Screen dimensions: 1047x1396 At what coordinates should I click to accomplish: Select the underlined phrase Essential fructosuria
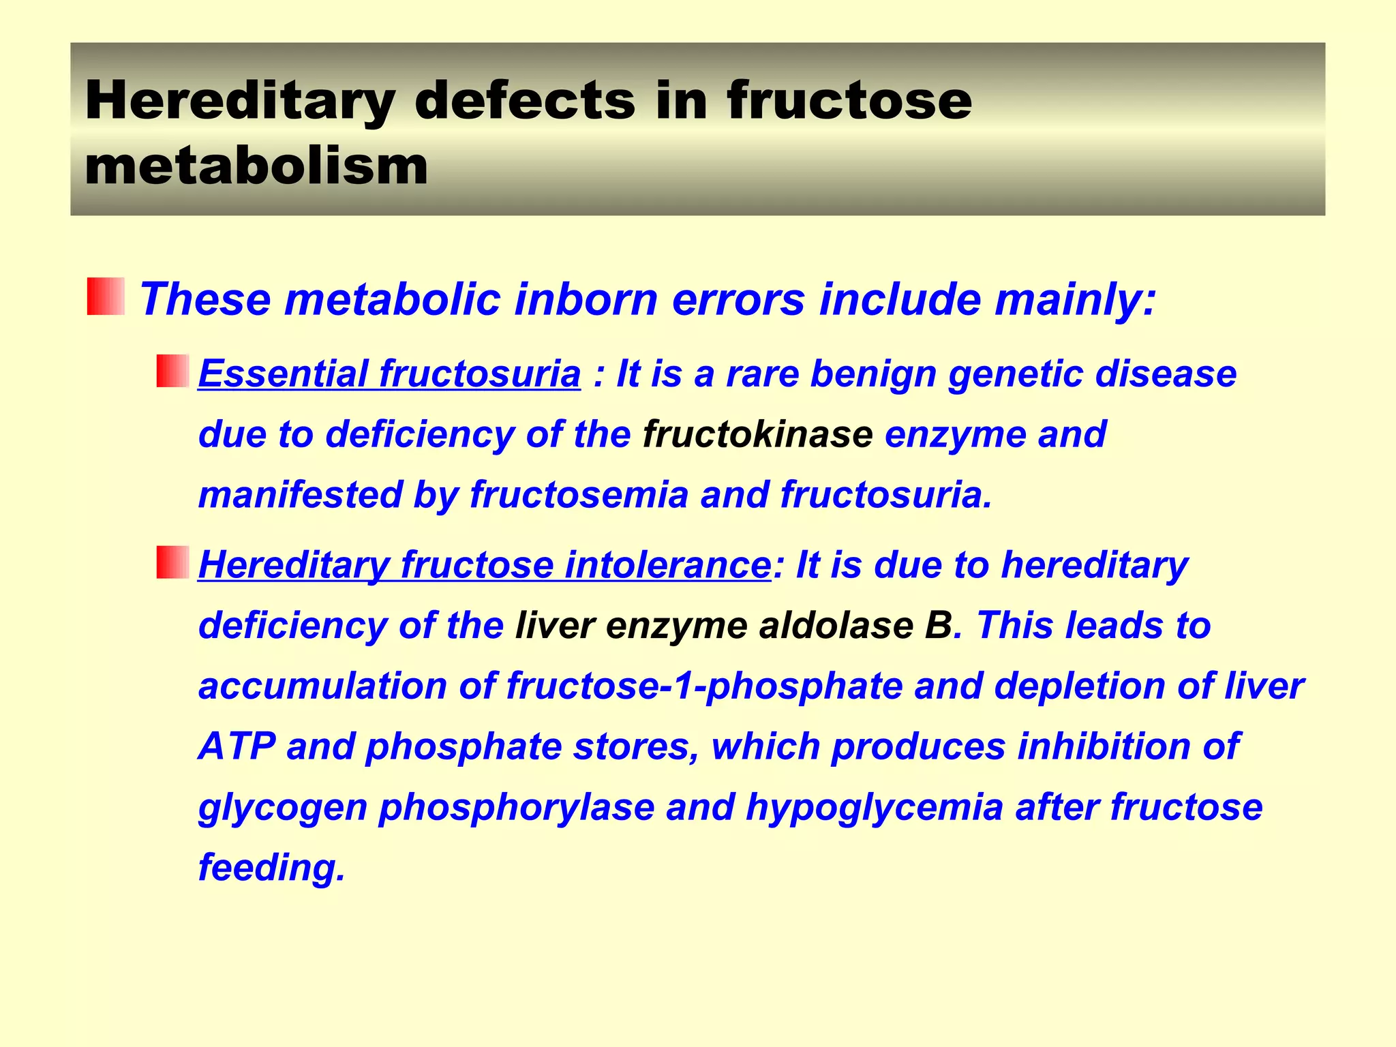coord(389,374)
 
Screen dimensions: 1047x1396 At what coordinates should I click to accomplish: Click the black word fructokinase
coord(757,434)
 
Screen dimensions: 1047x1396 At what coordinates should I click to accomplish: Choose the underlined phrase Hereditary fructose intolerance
coord(485,565)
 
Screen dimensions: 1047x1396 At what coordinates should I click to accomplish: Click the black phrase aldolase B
coord(855,626)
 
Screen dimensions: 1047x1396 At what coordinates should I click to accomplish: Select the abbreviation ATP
coord(237,746)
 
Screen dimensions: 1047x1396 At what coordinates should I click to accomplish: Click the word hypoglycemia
coord(875,807)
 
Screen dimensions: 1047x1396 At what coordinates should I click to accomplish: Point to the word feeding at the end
coord(271,868)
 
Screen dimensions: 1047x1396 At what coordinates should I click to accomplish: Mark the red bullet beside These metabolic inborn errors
coord(106,297)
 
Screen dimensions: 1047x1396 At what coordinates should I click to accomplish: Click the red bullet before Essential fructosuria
coord(172,371)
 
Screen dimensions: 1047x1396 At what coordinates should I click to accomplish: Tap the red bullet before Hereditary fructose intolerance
coord(172,562)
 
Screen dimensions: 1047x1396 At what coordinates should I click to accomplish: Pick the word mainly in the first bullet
coord(1075,299)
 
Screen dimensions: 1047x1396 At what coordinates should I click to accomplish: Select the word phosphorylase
coord(517,807)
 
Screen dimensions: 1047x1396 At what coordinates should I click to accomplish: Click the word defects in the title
coord(524,101)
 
